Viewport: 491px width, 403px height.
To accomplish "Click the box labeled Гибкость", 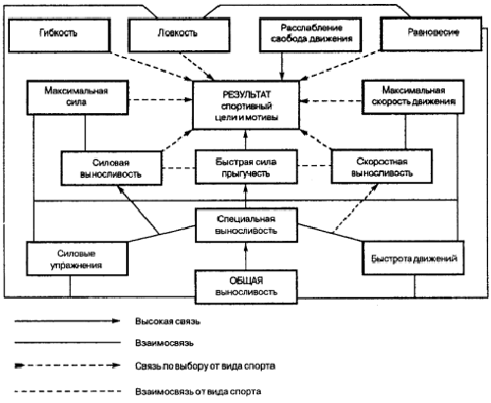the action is point(59,35).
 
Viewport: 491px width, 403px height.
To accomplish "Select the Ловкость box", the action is point(179,35).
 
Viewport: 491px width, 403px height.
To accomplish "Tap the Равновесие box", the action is point(431,34).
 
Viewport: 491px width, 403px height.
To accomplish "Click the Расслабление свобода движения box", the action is point(311,34).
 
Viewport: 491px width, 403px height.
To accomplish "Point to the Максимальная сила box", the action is point(78,97).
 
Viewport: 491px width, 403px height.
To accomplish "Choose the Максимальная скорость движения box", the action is point(413,97).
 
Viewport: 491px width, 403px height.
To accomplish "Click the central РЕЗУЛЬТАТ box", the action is point(246,105).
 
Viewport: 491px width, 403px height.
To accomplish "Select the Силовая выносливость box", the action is point(111,168).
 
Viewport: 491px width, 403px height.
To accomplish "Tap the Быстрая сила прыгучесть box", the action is point(246,167).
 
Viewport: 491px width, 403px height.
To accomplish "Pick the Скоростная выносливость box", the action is point(382,166).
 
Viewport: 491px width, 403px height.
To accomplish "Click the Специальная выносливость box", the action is point(246,225).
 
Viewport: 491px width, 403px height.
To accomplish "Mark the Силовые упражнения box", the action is point(78,259).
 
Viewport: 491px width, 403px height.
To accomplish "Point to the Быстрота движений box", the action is point(413,258).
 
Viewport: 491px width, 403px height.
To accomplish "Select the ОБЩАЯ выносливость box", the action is point(246,287).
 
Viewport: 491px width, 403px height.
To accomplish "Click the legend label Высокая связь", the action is point(167,321).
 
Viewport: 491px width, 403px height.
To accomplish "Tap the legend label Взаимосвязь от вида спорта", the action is point(198,391).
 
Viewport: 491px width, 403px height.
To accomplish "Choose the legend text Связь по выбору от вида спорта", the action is point(205,366).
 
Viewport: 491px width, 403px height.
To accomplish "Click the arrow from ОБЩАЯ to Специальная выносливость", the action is point(246,257).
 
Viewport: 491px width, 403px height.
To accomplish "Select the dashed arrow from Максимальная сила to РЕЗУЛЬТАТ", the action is point(160,99).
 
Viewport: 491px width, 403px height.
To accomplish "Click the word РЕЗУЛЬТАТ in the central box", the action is point(247,94).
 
